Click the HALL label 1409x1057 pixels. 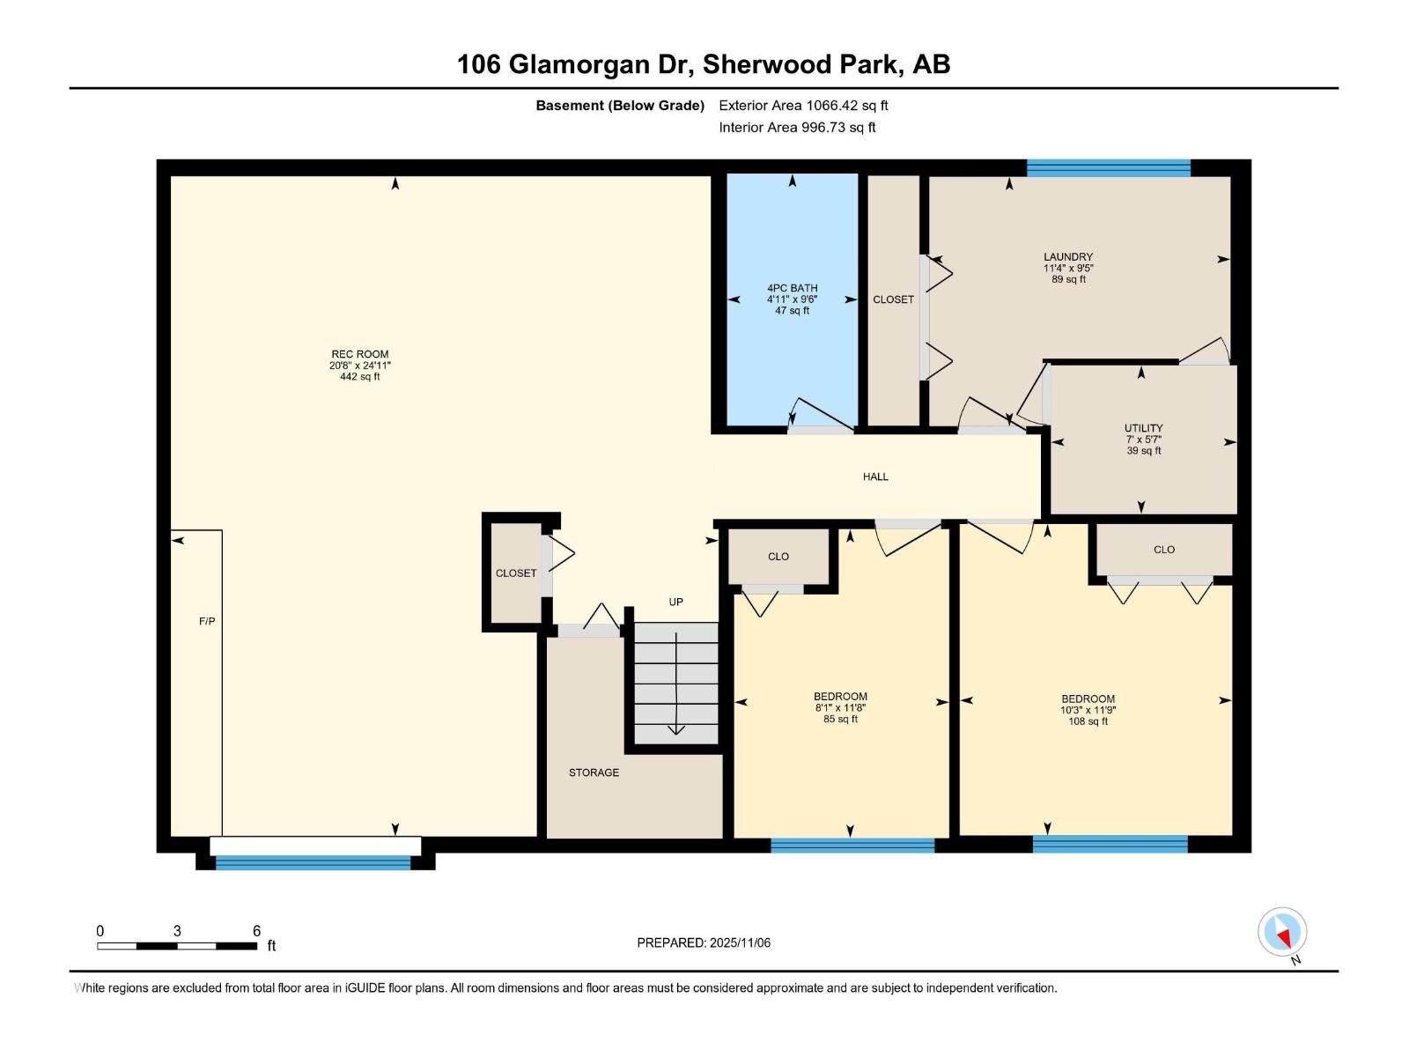click(x=875, y=477)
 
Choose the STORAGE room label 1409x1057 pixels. click(x=594, y=772)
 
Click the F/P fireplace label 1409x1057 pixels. click(x=207, y=621)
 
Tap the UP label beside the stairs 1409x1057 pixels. click(x=675, y=602)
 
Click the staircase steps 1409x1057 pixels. click(x=676, y=683)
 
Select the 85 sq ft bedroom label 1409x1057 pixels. click(x=840, y=707)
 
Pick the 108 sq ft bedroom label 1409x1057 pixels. click(x=1088, y=709)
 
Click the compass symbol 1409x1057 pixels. click(x=1282, y=932)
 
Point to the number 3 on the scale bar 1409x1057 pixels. click(x=177, y=931)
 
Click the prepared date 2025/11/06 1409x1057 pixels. click(x=704, y=942)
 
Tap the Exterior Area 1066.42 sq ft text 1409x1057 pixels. click(x=803, y=106)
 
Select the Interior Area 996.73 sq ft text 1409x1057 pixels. click(x=797, y=128)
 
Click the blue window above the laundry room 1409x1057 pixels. click(x=1108, y=168)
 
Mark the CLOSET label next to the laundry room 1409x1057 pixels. click(x=893, y=299)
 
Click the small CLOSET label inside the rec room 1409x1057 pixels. click(x=516, y=573)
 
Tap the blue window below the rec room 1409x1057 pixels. click(x=314, y=863)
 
